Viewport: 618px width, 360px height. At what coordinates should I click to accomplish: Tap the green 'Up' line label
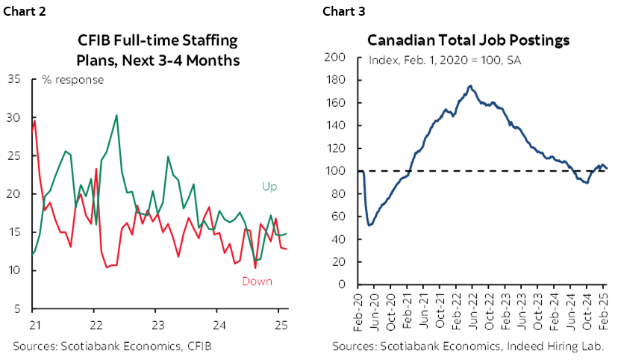point(269,185)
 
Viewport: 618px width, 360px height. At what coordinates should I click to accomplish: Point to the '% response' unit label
point(73,80)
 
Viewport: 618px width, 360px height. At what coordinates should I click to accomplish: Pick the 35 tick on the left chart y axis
point(14,79)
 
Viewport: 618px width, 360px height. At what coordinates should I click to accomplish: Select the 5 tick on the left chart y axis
point(17,308)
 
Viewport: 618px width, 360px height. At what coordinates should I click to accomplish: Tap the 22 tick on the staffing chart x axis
point(96,325)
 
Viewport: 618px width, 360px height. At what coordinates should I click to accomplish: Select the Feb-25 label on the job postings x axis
point(606,309)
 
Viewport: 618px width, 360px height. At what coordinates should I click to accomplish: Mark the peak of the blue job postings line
point(469,86)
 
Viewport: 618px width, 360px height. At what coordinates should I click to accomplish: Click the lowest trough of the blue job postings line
point(370,225)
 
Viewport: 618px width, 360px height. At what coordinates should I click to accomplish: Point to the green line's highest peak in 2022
point(116,115)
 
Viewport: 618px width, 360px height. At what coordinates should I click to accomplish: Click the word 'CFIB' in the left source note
point(196,346)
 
